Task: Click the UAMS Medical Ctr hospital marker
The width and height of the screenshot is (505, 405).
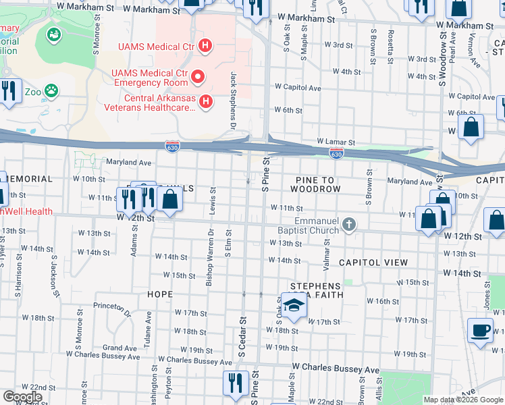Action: point(206,47)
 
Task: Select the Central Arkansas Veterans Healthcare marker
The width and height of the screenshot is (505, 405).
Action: point(206,102)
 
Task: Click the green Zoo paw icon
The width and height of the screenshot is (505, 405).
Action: point(51,90)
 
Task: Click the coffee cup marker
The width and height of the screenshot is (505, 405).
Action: point(480,331)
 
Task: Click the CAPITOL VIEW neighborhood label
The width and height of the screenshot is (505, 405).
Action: point(373,262)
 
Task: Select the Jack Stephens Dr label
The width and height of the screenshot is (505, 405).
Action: point(234,101)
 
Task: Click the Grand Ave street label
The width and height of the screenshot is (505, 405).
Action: point(116,348)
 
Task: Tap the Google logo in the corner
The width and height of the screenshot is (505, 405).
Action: point(22,397)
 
